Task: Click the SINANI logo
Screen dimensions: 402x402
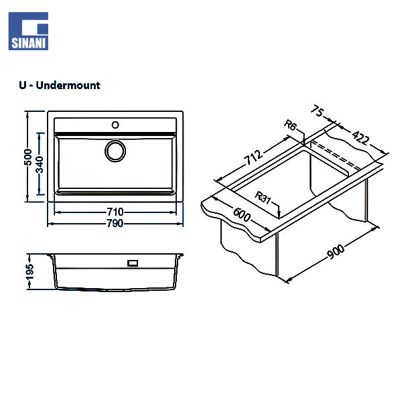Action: pyautogui.click(x=28, y=31)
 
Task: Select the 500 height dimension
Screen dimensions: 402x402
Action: pyautogui.click(x=27, y=157)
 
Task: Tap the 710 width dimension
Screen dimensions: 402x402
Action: pyautogui.click(x=115, y=212)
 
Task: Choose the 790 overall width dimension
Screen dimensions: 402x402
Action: pyautogui.click(x=115, y=223)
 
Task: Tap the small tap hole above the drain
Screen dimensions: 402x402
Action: pyautogui.click(x=115, y=125)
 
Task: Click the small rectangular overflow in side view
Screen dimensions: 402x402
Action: pyautogui.click(x=133, y=263)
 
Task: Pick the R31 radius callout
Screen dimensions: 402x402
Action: pyautogui.click(x=266, y=198)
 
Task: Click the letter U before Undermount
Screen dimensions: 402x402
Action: pyautogui.click(x=24, y=86)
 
